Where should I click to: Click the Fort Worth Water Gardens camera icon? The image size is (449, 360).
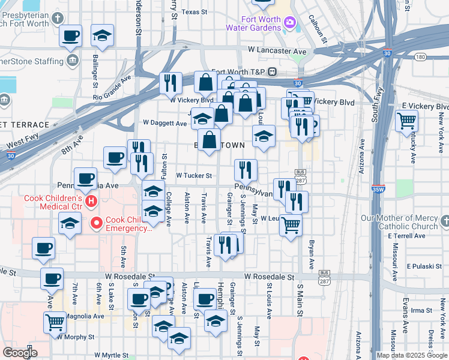(290, 22)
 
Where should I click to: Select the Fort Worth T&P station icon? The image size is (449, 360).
(272, 72)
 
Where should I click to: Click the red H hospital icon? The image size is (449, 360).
(91, 200)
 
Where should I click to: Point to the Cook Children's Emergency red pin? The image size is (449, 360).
(95, 224)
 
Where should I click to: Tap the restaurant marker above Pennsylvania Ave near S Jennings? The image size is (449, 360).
(245, 170)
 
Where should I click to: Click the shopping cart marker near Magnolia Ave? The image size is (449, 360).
(55, 322)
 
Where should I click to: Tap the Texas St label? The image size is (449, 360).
(194, 11)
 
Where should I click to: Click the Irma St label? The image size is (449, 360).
(421, 310)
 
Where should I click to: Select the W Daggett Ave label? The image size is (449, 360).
(165, 123)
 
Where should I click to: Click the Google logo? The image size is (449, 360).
(19, 353)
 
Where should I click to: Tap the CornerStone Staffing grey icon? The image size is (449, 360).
(73, 61)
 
